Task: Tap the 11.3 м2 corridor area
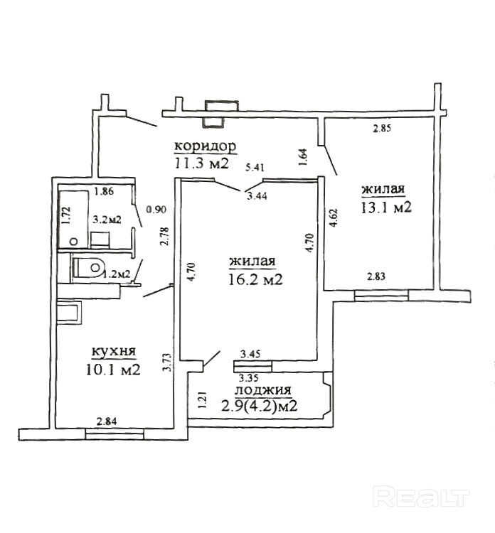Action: pyautogui.click(x=202, y=163)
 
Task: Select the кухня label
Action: pyautogui.click(x=114, y=352)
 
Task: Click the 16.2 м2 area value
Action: pyautogui.click(x=256, y=279)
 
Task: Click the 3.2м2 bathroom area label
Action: pyautogui.click(x=107, y=220)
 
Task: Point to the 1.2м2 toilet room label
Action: pyautogui.click(x=117, y=273)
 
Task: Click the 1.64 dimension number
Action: pyautogui.click(x=304, y=157)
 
